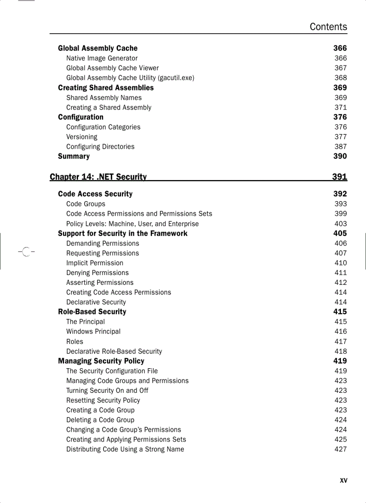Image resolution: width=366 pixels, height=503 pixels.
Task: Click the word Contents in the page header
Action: coord(328,27)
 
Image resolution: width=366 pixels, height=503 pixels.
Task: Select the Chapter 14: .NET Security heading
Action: coord(98,176)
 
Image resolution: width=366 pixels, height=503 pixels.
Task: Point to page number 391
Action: coord(340,176)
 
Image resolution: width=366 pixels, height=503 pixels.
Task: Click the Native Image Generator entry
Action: coord(102,58)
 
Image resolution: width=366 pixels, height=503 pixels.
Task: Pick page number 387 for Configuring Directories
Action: coord(340,146)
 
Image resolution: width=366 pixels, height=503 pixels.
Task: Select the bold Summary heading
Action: coord(74,156)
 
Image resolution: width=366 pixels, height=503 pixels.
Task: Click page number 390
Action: coord(340,156)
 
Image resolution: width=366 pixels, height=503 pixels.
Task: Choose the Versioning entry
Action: coord(82,137)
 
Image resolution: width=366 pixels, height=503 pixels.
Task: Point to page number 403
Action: coord(340,224)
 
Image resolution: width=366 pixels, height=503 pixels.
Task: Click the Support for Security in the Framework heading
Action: coord(122,233)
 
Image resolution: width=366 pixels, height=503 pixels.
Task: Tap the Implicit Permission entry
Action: coord(95,263)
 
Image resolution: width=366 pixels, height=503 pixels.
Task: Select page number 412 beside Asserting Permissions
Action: coord(340,283)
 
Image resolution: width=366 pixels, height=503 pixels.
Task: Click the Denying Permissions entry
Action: coord(97,273)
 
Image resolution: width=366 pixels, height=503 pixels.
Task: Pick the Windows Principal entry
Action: coord(93,331)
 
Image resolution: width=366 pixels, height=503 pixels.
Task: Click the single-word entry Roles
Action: coord(74,341)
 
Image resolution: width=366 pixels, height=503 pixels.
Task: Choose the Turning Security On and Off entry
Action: coord(107,391)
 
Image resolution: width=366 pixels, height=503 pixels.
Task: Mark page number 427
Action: coord(340,449)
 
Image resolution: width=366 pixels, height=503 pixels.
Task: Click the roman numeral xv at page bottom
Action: coord(343,481)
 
